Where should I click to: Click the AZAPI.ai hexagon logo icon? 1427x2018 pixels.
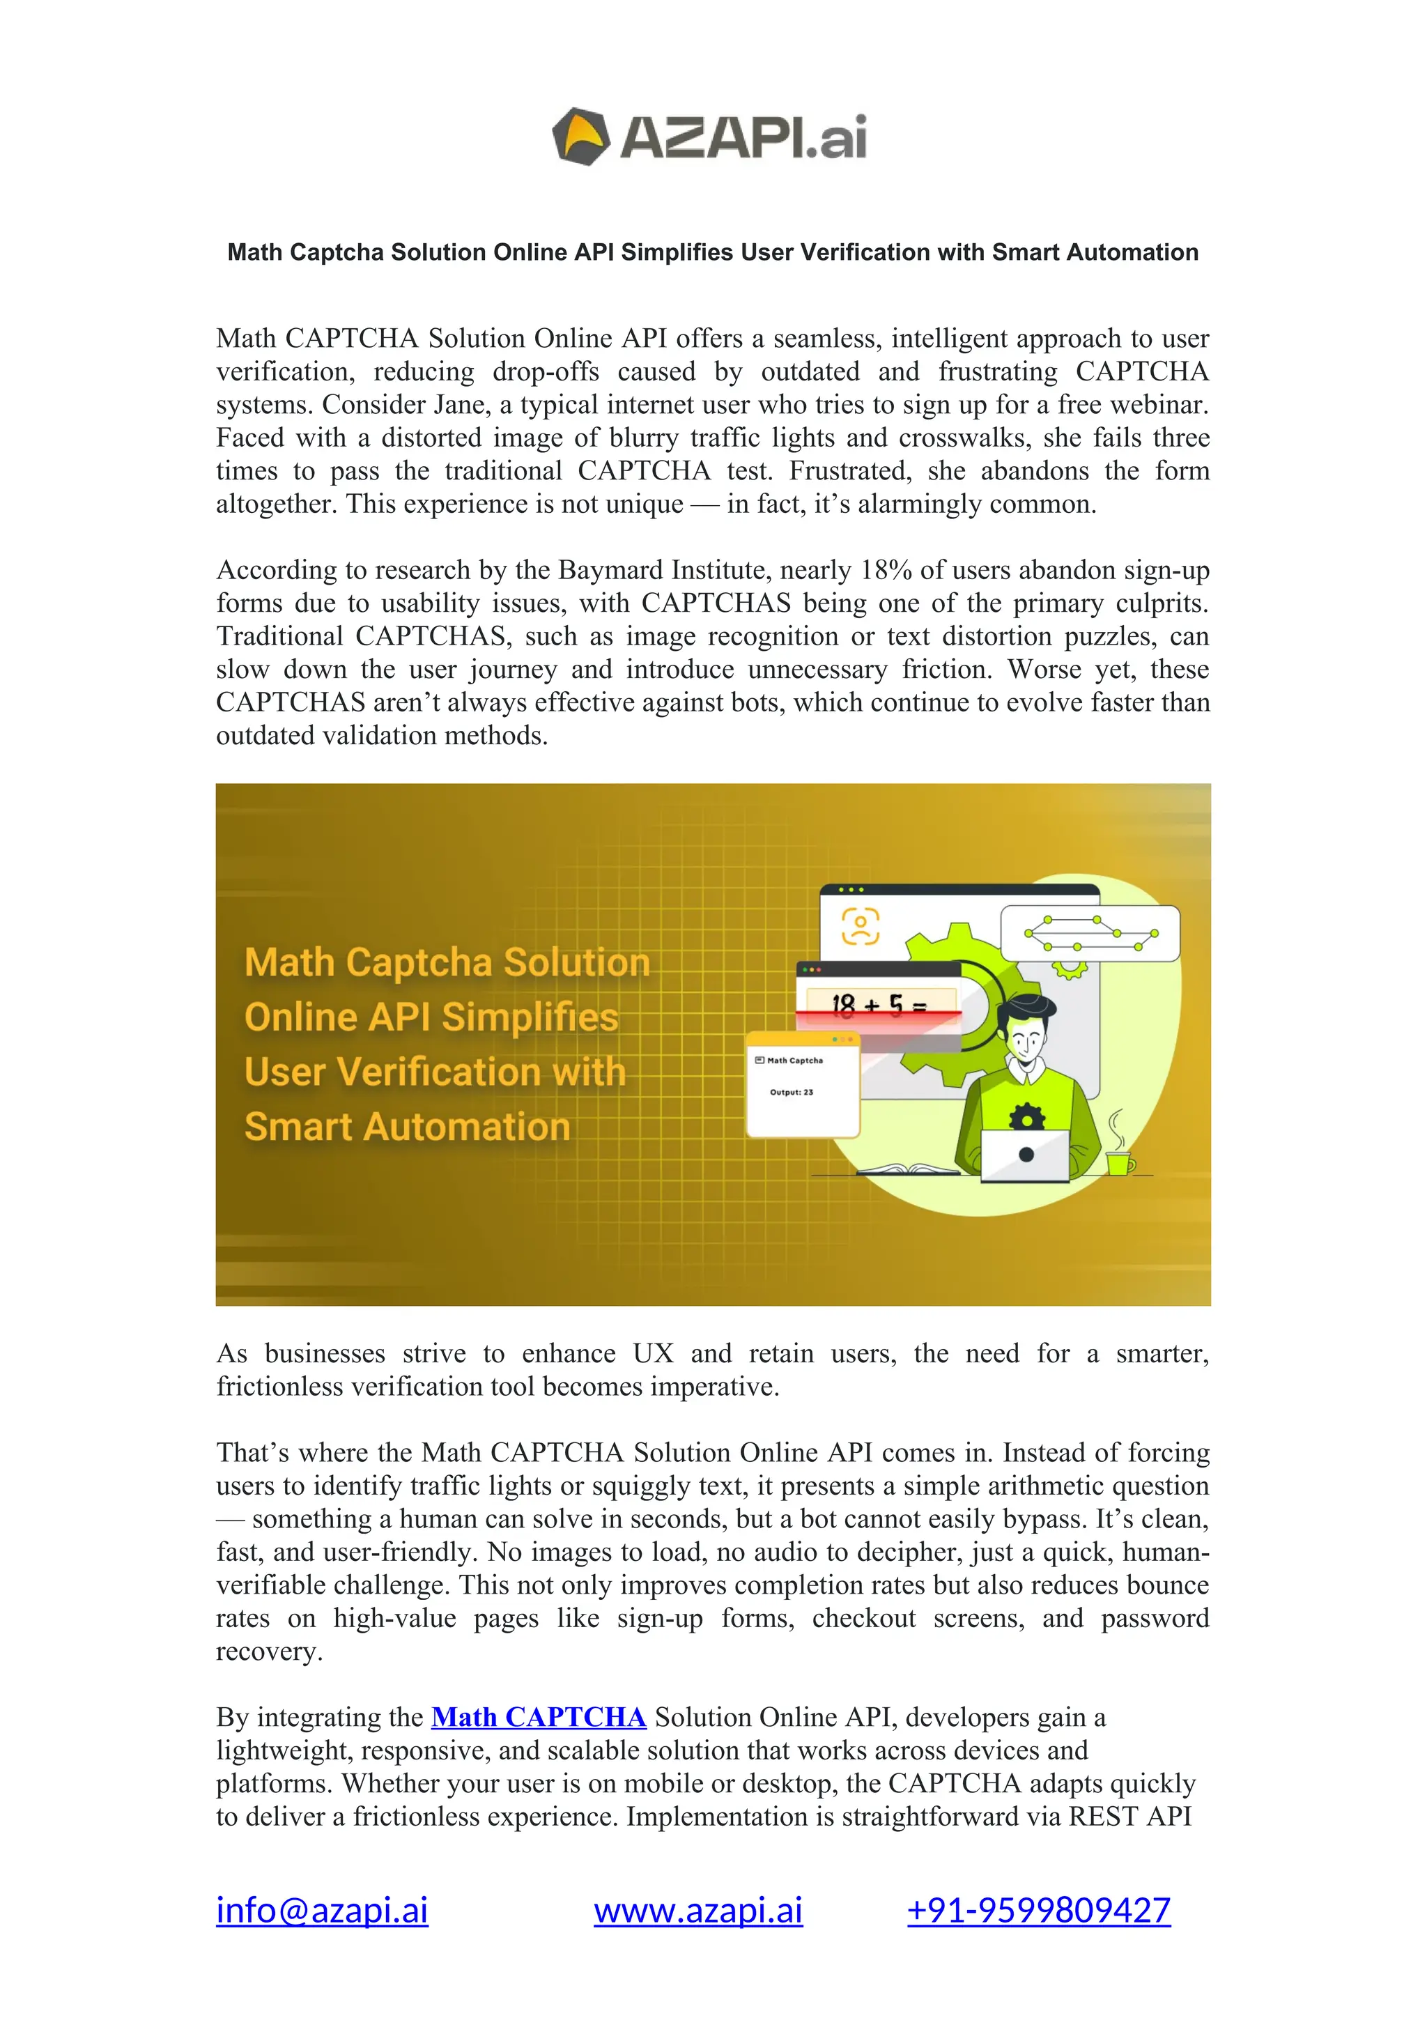click(x=580, y=137)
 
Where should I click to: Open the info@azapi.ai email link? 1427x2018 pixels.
click(x=322, y=1910)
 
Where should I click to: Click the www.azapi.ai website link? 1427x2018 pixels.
click(x=697, y=1910)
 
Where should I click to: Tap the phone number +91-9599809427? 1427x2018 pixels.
click(x=1039, y=1910)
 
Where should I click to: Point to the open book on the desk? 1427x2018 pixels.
click(x=908, y=1169)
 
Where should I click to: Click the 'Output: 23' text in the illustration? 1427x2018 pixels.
click(x=791, y=1093)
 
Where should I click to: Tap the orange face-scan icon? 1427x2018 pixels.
click(x=861, y=925)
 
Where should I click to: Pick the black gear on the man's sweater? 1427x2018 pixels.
click(x=1026, y=1116)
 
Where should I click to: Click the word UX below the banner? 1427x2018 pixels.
click(x=652, y=1353)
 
